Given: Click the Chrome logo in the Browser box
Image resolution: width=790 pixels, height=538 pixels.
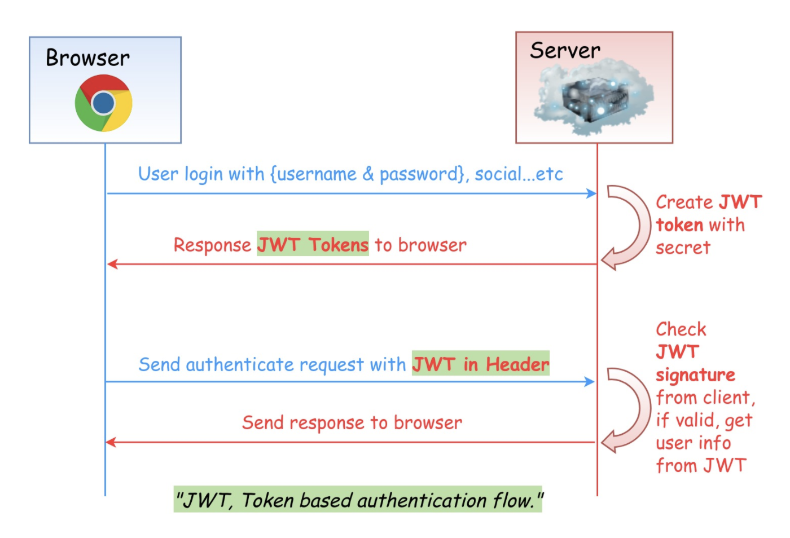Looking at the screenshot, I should click(103, 103).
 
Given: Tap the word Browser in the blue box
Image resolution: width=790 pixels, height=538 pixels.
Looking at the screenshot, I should click(87, 58).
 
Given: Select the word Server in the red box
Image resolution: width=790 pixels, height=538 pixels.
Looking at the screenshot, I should click(565, 51).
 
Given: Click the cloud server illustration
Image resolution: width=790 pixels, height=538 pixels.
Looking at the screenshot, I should click(594, 99).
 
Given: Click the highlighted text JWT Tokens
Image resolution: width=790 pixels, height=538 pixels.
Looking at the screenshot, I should click(313, 244).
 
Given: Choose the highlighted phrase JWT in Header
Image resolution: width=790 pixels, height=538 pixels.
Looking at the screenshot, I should click(480, 364).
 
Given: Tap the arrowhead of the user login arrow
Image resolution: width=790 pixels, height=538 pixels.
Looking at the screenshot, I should click(591, 193).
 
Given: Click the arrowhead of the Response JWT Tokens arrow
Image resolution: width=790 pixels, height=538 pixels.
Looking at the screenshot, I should click(112, 264).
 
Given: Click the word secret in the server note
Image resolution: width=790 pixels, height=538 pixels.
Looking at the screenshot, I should click(683, 248).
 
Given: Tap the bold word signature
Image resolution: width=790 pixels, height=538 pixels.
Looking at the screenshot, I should click(695, 375).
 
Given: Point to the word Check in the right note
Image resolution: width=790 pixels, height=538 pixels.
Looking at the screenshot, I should click(681, 329).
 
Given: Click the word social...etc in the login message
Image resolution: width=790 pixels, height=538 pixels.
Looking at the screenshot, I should click(519, 174).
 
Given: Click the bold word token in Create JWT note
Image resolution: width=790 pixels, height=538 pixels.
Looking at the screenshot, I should click(679, 225).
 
